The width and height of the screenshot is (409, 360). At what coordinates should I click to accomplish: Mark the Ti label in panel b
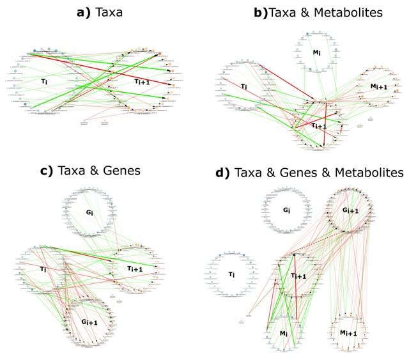[244, 86]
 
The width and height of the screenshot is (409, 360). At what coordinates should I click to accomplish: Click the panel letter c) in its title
[45, 171]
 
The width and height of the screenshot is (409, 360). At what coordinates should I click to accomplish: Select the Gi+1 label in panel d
[349, 210]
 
